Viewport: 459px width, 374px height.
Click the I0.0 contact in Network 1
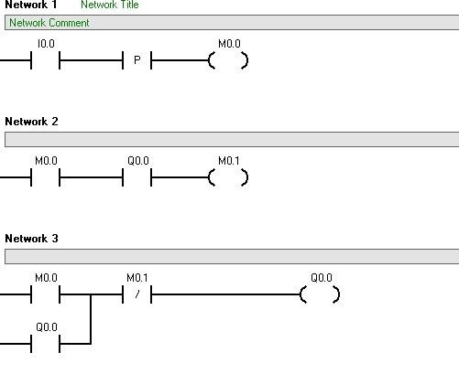pos(45,60)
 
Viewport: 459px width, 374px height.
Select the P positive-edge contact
pos(137,60)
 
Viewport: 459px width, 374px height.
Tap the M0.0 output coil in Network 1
pos(228,60)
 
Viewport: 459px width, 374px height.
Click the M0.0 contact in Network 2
pos(45,177)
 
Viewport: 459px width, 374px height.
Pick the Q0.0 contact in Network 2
pos(137,177)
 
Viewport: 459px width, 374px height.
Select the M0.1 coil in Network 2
pos(228,177)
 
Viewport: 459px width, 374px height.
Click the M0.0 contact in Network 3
pos(45,294)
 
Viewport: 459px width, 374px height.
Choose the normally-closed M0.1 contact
pos(137,294)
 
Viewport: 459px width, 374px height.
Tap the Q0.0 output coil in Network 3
pos(320,294)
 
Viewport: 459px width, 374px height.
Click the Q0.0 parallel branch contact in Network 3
pos(45,344)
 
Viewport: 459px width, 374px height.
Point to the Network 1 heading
pos(31,5)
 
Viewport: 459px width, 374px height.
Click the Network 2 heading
pos(31,122)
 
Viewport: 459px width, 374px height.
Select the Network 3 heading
pos(31,239)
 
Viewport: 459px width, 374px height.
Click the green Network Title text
pos(110,5)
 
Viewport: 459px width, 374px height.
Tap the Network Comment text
pos(49,23)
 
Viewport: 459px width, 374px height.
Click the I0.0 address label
pos(46,44)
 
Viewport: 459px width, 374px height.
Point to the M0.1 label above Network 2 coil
pos(229,161)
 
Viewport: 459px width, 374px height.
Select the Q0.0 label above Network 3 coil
pos(322,278)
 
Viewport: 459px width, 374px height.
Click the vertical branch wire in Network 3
pos(91,319)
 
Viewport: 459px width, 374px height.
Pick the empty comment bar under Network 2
pos(232,139)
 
